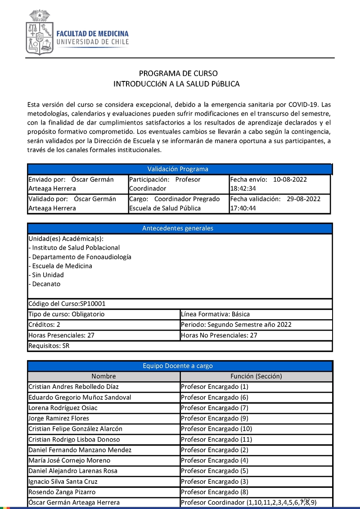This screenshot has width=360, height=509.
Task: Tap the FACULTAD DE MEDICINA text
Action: [x=92, y=34]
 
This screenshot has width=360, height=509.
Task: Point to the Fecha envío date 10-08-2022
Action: [x=290, y=179]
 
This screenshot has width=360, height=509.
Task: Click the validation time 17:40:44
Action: [x=243, y=208]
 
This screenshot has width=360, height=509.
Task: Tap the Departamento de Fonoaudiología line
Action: [x=80, y=257]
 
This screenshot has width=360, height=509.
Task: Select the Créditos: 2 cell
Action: [x=44, y=325]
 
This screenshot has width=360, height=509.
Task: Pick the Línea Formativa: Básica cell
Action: [x=215, y=314]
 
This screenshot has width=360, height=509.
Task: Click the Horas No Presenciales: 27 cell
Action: [x=219, y=335]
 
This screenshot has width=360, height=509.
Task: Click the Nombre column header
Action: [x=103, y=376]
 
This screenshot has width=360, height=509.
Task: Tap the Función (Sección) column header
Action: [x=256, y=376]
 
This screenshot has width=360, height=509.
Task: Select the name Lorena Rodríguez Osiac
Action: [x=63, y=408]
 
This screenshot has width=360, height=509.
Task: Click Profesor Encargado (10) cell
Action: [x=216, y=429]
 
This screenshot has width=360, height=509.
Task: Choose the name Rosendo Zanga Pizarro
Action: [x=62, y=492]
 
